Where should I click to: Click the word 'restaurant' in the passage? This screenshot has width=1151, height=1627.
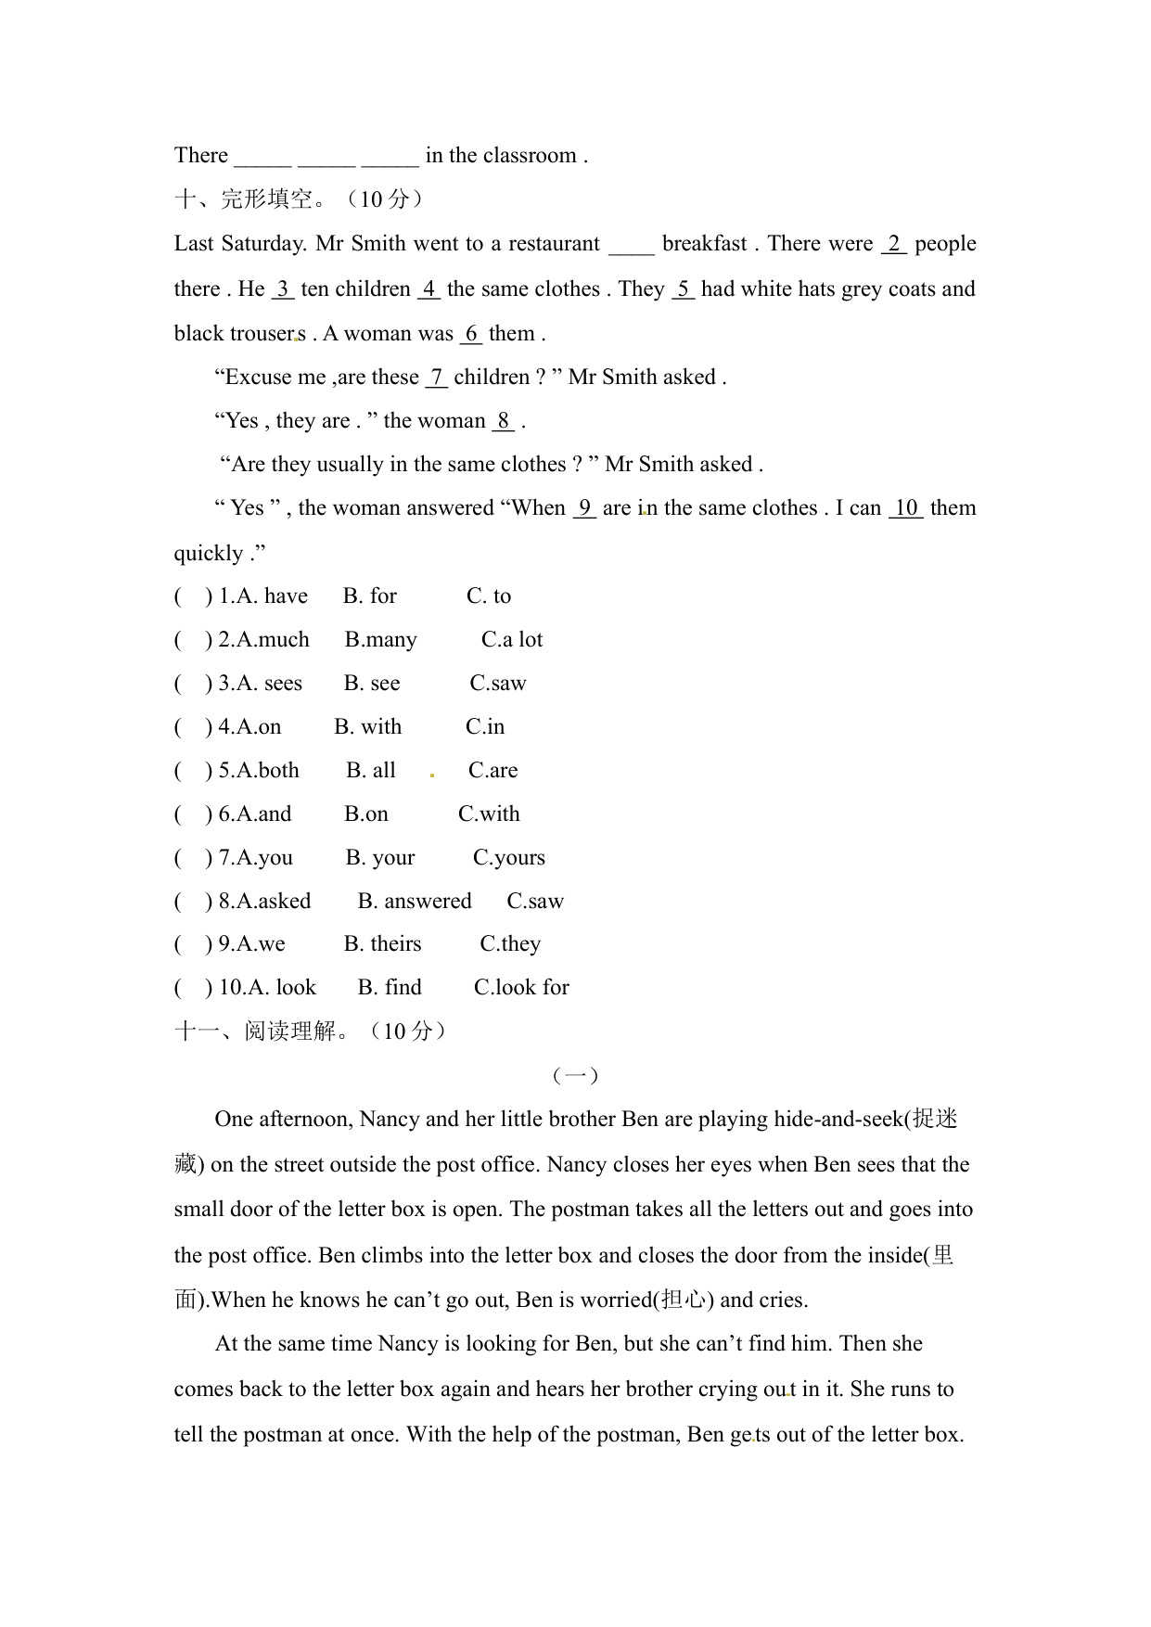554,244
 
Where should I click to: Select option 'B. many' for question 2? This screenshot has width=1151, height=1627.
380,640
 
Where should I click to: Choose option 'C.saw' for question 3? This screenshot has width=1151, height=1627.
497,684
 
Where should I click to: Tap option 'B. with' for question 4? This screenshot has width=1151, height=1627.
367,727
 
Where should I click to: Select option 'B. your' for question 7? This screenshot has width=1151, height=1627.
379,858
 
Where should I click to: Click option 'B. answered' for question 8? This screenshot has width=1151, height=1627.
414,902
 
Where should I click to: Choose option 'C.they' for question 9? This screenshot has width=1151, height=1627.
509,944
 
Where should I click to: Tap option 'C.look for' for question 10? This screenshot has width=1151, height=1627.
520,988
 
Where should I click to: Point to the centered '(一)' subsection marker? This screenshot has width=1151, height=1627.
575,1076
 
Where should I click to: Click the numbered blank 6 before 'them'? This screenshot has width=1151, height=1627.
471,334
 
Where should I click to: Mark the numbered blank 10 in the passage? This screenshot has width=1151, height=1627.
905,508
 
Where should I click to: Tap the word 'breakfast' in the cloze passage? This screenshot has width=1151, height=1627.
704,244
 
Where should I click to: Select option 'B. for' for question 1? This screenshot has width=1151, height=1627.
369,596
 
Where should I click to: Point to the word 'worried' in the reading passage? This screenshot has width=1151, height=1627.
616,1300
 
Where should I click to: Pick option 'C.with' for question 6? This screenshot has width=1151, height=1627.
489,814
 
